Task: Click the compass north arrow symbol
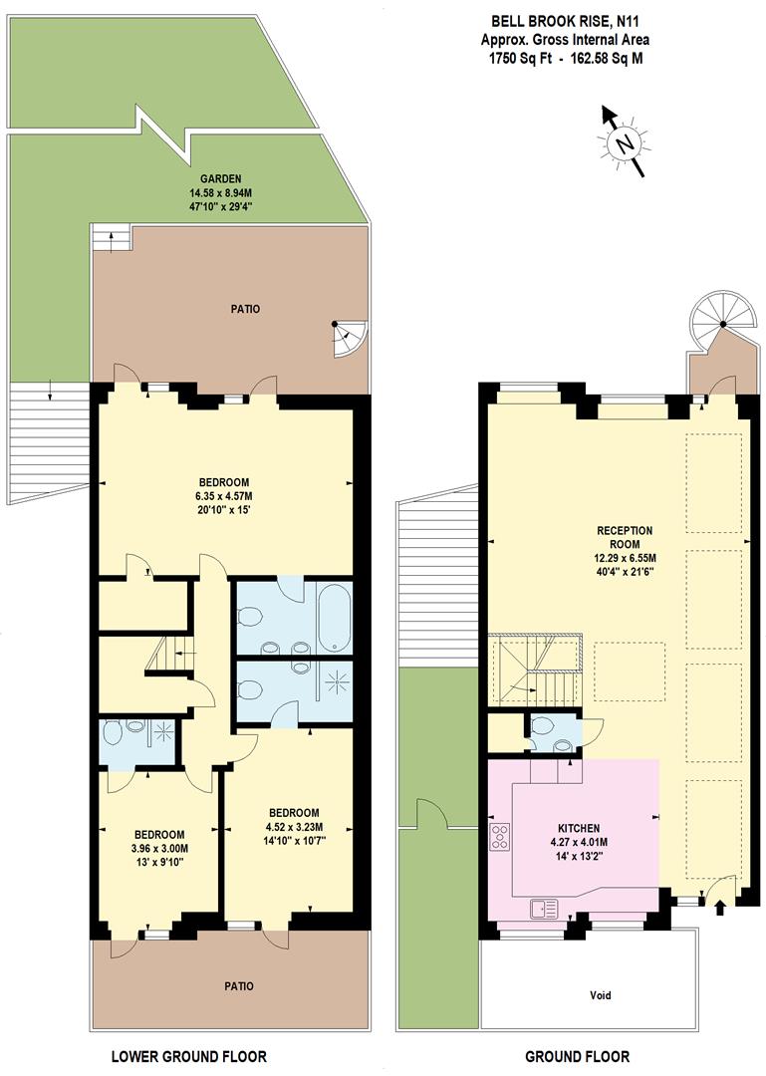coord(625,141)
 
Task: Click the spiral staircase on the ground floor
coord(722,324)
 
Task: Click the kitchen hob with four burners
coord(500,835)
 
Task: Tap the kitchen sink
coord(544,907)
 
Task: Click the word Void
coord(599,995)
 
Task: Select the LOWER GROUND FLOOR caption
coord(188,1056)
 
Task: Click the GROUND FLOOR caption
coord(577,1056)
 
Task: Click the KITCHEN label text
coord(578,828)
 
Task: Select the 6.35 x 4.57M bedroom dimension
coord(223,496)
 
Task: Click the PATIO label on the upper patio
coord(245,309)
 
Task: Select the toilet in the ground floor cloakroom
coord(563,744)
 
